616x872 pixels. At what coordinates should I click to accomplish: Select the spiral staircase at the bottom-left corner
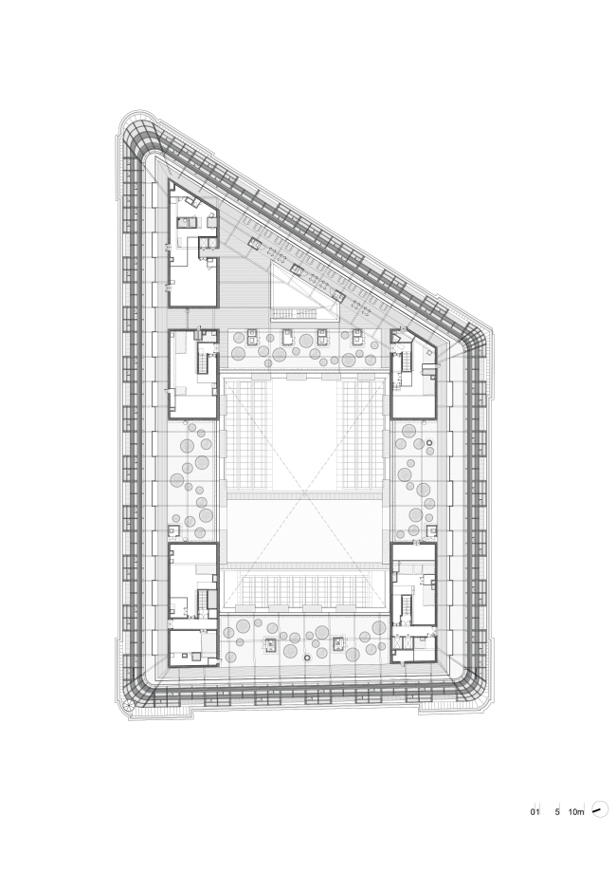128,705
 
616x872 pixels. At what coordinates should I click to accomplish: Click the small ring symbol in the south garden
308,659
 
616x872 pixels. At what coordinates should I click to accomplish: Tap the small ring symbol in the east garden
429,443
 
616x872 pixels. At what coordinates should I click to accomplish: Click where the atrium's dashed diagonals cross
304,492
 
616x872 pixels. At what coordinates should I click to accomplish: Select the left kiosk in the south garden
271,643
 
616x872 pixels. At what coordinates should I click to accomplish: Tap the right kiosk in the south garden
339,643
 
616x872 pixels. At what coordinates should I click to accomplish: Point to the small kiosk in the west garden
174,530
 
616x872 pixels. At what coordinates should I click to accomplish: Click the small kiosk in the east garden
430,530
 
